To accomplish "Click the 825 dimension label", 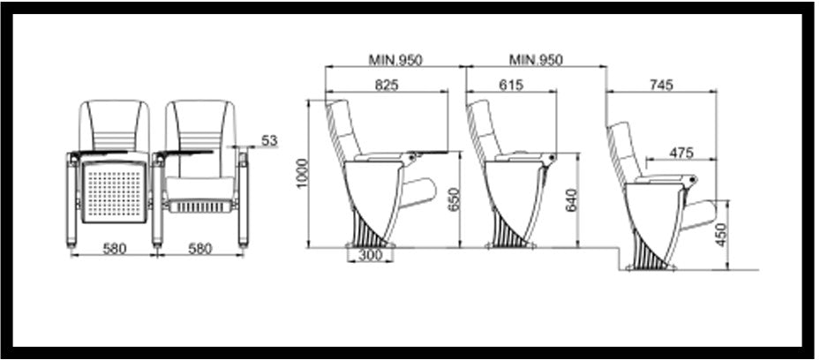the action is tap(387, 85).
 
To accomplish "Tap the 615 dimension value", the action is tap(511, 85).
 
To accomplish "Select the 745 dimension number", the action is tap(661, 85).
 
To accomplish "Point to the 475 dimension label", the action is tap(681, 153).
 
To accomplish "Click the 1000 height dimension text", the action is tap(302, 174).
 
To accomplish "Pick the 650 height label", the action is tap(454, 199).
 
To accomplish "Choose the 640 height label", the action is tap(572, 200).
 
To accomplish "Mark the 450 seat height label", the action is tap(721, 235).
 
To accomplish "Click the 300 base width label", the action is tap(370, 256).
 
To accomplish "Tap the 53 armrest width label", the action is tap(269, 140).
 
